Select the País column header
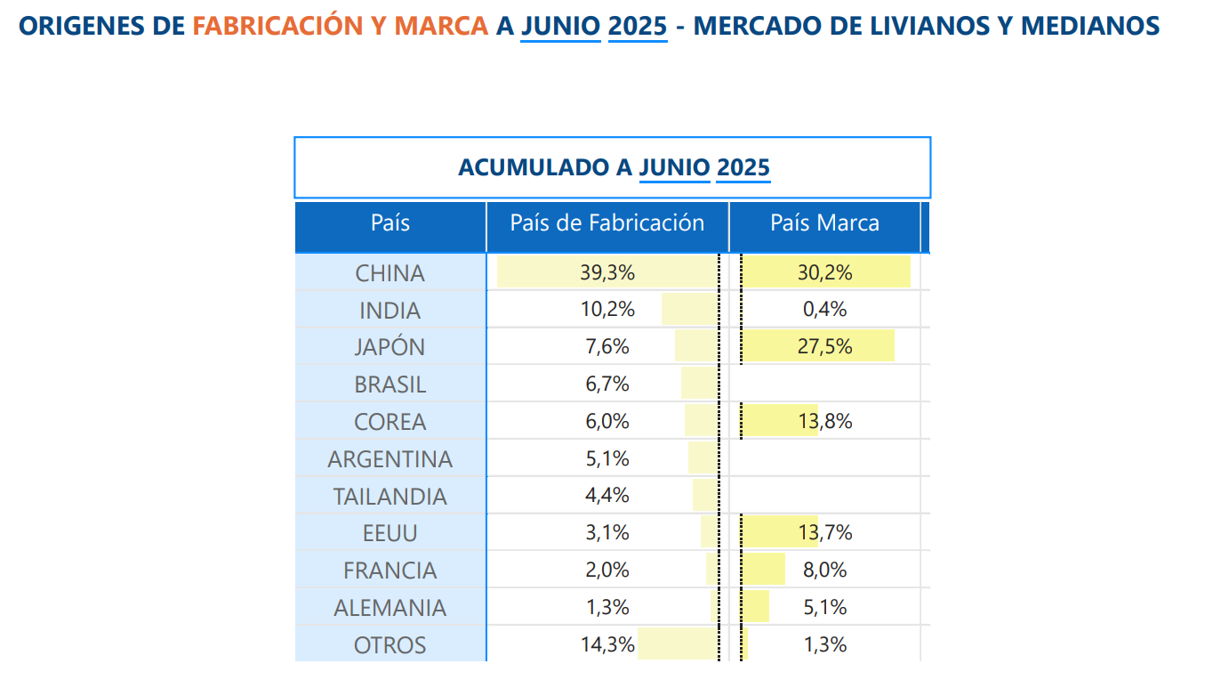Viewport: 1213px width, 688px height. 390,223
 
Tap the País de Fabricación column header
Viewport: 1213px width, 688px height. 606,223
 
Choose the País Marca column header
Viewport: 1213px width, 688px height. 824,223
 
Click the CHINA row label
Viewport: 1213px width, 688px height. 390,273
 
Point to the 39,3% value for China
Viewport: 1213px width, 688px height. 607,273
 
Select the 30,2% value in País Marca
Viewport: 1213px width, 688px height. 824,273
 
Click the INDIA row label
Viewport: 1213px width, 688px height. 390,311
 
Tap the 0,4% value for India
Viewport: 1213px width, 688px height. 824,311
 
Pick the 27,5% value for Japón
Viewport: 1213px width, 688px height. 824,347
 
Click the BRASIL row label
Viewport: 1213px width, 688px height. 390,384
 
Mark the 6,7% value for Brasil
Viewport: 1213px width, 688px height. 607,384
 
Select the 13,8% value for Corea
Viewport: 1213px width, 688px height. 824,422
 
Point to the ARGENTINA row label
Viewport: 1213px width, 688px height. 390,459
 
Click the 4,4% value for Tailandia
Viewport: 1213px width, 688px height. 607,496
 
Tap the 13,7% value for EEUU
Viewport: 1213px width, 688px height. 824,533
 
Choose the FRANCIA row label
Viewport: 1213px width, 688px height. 390,571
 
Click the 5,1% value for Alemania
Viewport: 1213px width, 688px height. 824,608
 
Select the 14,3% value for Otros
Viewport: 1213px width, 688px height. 607,645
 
